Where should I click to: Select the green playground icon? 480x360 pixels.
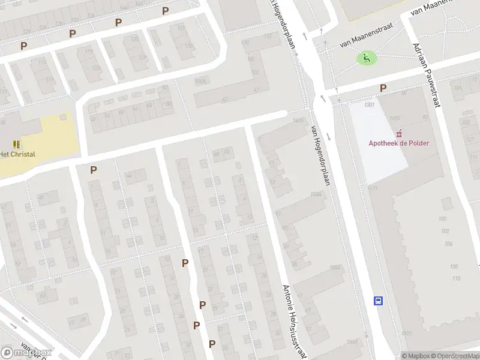click(366, 58)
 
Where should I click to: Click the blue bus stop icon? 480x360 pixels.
click(379, 300)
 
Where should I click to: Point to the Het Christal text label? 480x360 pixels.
click(17, 154)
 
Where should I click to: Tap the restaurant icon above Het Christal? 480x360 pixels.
click(16, 144)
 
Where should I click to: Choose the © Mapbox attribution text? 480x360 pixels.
click(416, 356)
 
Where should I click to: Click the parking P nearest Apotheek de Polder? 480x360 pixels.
click(383, 88)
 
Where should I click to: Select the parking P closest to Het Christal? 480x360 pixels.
click(93, 170)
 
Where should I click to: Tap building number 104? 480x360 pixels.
click(449, 244)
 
